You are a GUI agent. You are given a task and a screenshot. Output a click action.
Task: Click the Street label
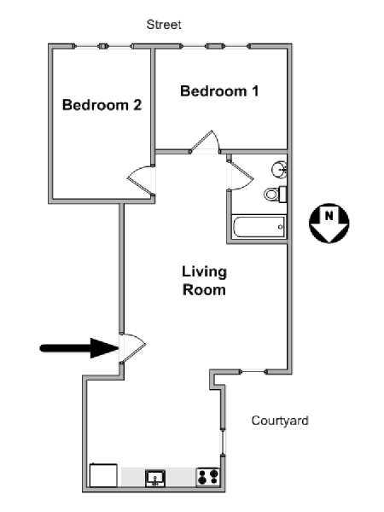(164, 25)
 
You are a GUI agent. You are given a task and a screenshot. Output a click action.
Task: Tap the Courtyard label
(280, 421)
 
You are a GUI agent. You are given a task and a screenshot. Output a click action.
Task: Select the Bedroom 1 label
(219, 90)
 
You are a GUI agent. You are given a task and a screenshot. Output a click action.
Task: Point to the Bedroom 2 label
(102, 105)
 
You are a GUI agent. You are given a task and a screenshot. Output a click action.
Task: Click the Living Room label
(204, 281)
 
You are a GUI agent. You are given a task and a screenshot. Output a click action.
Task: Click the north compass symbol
(329, 224)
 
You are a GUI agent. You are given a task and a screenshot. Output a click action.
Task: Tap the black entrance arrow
(79, 348)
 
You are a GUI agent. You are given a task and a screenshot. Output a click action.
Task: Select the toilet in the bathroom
(276, 194)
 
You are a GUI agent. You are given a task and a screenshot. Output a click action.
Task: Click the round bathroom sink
(280, 169)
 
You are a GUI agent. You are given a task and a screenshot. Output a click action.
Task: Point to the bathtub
(259, 227)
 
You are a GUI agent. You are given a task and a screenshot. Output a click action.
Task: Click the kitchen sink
(155, 479)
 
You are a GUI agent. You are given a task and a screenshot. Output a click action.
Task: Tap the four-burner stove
(208, 477)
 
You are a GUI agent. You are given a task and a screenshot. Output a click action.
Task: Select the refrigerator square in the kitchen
(103, 475)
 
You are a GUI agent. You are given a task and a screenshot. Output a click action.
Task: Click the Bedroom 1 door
(205, 142)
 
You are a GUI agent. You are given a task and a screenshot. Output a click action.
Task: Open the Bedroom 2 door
(141, 180)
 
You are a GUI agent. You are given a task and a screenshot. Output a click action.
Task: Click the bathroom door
(241, 175)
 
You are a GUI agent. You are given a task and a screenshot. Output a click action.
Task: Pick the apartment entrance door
(132, 348)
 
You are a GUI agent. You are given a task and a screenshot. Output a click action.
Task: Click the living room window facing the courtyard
(253, 371)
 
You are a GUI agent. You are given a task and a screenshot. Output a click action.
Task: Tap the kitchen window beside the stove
(223, 442)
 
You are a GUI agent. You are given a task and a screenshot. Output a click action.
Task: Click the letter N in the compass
(329, 216)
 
